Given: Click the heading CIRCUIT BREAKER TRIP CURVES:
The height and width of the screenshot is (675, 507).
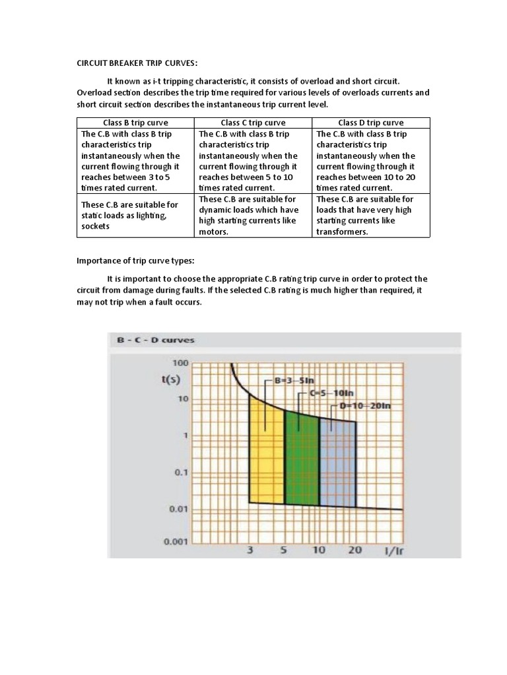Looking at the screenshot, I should tap(137, 63).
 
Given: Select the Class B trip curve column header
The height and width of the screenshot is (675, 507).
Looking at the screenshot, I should tap(135, 123).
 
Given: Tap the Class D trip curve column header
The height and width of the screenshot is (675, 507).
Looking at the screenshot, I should tap(370, 123).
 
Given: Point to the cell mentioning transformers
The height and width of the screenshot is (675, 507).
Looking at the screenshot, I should tap(370, 215).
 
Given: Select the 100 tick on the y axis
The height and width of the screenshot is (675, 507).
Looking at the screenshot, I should tap(181, 363).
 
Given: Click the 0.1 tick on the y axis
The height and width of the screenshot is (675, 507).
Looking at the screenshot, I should tap(180, 472).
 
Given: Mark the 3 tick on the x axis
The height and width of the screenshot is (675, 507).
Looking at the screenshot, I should tap(250, 550).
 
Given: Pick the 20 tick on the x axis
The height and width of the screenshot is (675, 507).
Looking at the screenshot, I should tap(355, 550).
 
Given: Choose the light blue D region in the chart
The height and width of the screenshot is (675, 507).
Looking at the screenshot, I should tap(337, 461).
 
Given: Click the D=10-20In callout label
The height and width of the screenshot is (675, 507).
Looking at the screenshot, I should tap(365, 405).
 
